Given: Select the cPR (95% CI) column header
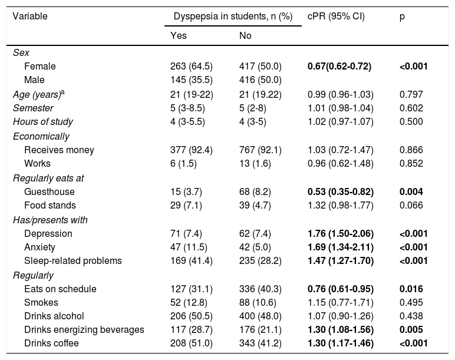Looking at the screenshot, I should click(x=336, y=16).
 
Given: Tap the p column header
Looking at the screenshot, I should click(x=402, y=16).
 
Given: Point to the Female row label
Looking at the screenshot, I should click(x=40, y=67).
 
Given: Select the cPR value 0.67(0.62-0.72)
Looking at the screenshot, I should click(x=339, y=67).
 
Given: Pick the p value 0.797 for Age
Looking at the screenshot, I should click(x=411, y=94).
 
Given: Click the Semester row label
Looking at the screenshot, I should click(x=33, y=108).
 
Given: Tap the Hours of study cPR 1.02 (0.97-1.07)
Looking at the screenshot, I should click(x=340, y=122).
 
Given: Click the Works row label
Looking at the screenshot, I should click(x=37, y=163).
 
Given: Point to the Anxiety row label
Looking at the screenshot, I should click(x=39, y=247).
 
